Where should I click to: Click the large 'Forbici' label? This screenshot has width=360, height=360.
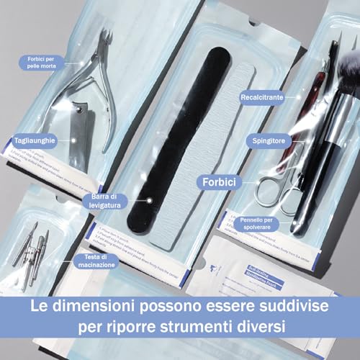click(x=220, y=183)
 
